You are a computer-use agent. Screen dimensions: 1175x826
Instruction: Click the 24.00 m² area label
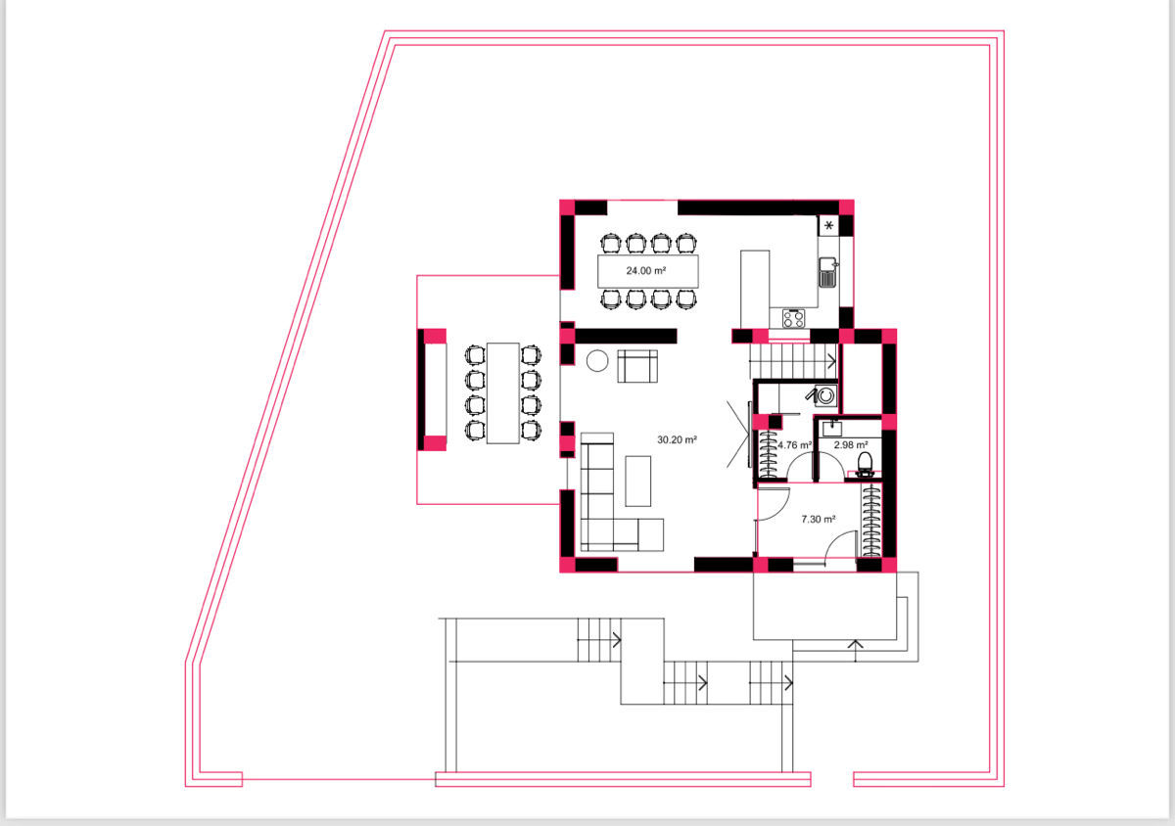point(645,271)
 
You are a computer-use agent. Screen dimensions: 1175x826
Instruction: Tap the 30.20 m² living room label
point(677,439)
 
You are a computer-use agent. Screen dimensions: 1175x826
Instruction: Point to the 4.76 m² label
point(795,444)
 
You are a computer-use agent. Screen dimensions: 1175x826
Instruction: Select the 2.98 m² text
point(851,444)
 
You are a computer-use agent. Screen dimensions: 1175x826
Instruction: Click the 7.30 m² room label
point(819,520)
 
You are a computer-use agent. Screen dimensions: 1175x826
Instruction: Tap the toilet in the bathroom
point(865,465)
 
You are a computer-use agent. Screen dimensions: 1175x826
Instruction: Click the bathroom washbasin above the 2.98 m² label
point(832,428)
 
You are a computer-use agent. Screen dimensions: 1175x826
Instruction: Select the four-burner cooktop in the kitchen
point(794,318)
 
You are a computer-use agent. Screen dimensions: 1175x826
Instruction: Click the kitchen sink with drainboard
point(827,272)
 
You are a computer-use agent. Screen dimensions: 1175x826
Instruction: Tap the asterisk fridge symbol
point(828,225)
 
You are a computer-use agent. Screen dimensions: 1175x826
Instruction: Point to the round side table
point(597,361)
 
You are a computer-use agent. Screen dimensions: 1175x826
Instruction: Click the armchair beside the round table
point(637,366)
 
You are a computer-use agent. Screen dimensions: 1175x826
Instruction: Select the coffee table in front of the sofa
point(637,481)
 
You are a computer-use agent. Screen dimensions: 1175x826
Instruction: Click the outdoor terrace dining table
point(503,393)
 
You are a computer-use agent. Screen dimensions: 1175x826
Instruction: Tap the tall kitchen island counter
point(755,290)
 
